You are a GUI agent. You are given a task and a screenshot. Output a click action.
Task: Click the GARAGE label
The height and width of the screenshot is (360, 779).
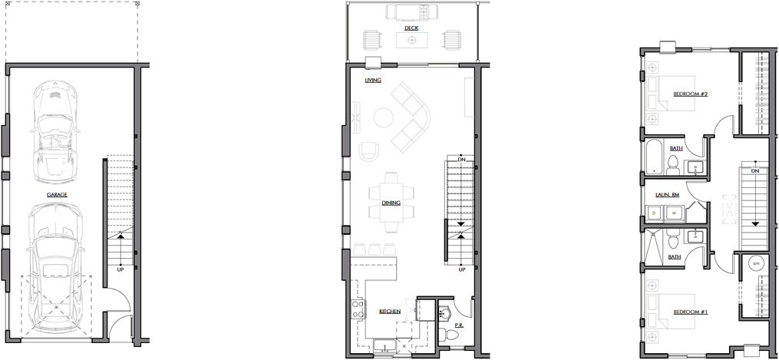pyautogui.click(x=57, y=195)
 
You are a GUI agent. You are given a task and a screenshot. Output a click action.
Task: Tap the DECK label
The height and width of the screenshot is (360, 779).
pyautogui.click(x=411, y=28)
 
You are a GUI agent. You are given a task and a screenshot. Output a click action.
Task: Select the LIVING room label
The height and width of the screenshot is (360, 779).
pyautogui.click(x=373, y=80)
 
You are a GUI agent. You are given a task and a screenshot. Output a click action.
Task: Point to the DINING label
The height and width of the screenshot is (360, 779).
pyautogui.click(x=391, y=203)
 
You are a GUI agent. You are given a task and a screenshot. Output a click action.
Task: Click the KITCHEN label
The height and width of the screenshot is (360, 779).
pyautogui.click(x=390, y=312)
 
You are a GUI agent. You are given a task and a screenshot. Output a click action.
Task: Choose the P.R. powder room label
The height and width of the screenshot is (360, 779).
pyautogui.click(x=459, y=325)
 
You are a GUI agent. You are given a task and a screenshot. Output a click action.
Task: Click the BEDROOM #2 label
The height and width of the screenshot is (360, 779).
pyautogui.click(x=690, y=94)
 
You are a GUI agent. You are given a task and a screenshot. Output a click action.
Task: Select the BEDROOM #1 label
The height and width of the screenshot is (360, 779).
pyautogui.click(x=690, y=312)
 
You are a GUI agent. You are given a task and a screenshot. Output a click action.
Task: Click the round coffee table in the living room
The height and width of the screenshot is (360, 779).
pyautogui.click(x=384, y=117)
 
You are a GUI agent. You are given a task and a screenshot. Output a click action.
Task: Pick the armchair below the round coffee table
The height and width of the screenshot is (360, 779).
pyautogui.click(x=368, y=151)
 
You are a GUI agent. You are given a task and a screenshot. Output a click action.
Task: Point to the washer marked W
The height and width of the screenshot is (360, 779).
pyautogui.click(x=675, y=213)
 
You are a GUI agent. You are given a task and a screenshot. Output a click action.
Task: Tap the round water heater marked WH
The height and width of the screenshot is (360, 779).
pyautogui.click(x=757, y=263)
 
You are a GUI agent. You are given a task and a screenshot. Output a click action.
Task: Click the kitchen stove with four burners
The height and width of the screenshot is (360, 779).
pyautogui.click(x=358, y=309)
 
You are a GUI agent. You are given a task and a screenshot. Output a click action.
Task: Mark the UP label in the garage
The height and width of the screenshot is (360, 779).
pyautogui.click(x=120, y=269)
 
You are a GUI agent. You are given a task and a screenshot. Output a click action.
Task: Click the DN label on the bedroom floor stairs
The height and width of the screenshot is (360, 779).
pyautogui.click(x=755, y=171)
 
